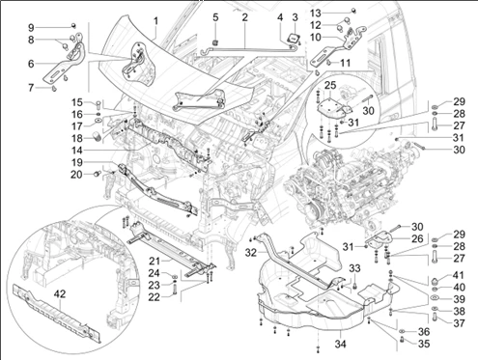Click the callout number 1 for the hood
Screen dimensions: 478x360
click(155, 21)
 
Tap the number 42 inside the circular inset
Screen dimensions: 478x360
click(60, 293)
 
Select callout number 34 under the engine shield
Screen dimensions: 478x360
click(340, 344)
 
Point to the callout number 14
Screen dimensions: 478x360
click(77, 151)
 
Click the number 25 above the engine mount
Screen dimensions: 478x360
click(330, 85)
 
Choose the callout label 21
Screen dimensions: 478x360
click(155, 261)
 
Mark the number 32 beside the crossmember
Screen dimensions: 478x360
click(251, 253)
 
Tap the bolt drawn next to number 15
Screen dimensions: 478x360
click(98, 104)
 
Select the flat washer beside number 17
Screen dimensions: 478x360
click(98, 121)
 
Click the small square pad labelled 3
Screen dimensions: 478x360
click(295, 38)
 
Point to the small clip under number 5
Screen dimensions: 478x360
click(215, 42)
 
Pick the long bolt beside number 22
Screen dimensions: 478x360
click(175, 290)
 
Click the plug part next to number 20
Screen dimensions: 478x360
click(97, 174)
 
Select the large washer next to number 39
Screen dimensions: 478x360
click(436, 298)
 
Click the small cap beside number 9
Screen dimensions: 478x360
click(73, 25)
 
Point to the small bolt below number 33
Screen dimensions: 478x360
click(355, 285)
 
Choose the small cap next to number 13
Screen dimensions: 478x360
click(353, 11)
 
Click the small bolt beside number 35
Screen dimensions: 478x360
click(402, 339)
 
